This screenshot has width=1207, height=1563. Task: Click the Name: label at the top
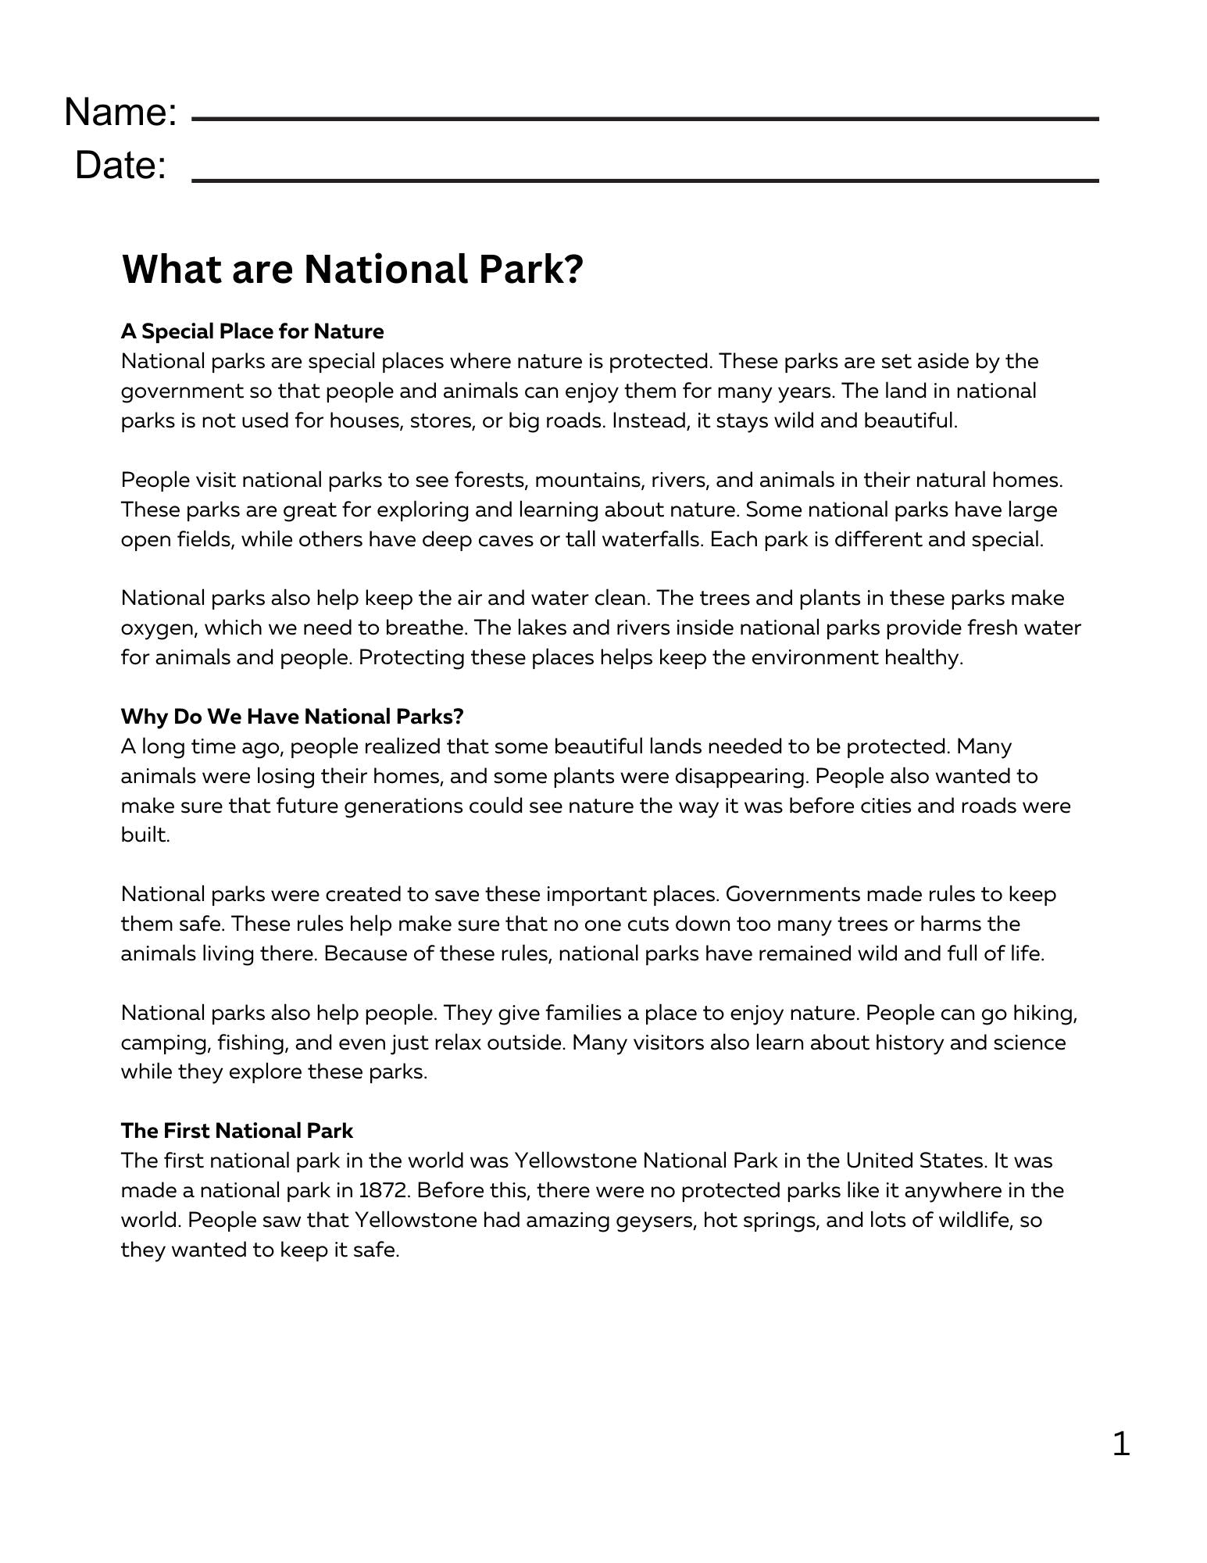coord(120,113)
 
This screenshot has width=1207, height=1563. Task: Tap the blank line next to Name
coord(645,120)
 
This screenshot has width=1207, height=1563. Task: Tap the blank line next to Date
coord(645,181)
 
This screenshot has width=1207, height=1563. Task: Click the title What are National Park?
coord(352,270)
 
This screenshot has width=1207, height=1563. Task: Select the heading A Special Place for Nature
coord(252,331)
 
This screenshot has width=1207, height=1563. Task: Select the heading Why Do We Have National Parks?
coord(292,717)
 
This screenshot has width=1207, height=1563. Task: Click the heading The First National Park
coord(237,1131)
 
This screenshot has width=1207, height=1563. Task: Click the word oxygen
coord(159,628)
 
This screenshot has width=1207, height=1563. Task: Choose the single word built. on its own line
coord(145,835)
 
